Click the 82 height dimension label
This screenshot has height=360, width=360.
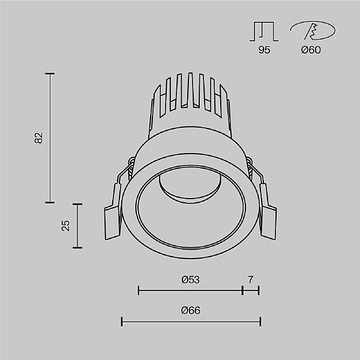39,138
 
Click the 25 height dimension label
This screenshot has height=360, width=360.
66,225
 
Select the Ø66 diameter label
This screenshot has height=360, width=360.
190,311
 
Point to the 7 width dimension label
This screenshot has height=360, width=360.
250,280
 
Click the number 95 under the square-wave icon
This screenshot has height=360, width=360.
264,50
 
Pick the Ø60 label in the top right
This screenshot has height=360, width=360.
311,50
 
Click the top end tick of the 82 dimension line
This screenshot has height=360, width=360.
50,74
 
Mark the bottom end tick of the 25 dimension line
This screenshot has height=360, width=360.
77,247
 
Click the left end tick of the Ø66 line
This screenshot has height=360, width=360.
122,322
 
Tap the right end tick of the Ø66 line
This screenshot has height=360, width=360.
260,322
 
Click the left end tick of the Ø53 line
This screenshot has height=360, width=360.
139,291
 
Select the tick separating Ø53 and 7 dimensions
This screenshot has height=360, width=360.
242,291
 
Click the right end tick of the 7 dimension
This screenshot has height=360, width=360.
259,291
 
